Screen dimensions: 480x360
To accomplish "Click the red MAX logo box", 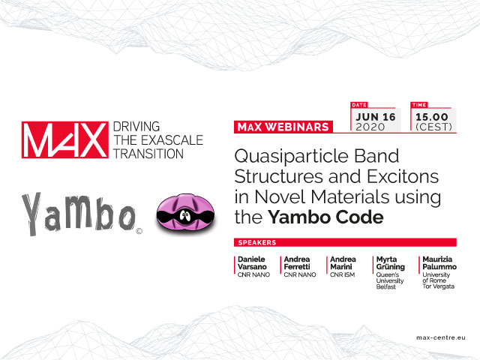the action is pyautogui.click(x=65, y=139).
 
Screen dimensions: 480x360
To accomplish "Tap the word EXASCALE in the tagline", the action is pyautogui.click(x=172, y=140).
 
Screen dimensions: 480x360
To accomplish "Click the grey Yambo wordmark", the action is pyautogui.click(x=78, y=214).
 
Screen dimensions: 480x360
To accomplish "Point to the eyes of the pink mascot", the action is pyautogui.click(x=184, y=215).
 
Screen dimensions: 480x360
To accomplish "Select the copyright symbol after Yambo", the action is pyautogui.click(x=139, y=231).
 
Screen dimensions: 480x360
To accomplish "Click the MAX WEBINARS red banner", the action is pyautogui.click(x=283, y=127).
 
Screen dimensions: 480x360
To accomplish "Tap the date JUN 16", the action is pyautogui.click(x=376, y=117).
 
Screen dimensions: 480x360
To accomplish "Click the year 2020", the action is pyautogui.click(x=370, y=127).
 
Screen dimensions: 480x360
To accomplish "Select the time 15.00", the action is pyautogui.click(x=432, y=117).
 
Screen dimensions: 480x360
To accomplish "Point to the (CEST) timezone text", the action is pyautogui.click(x=433, y=127).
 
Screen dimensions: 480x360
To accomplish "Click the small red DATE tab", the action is pyautogui.click(x=359, y=105).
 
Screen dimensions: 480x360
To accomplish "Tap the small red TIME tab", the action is pyautogui.click(x=418, y=105).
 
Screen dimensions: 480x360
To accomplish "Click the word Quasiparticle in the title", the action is pyautogui.click(x=292, y=157).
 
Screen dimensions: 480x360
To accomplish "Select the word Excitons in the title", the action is pyautogui.click(x=403, y=177).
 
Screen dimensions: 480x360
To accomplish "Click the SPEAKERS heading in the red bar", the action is pyautogui.click(x=257, y=243).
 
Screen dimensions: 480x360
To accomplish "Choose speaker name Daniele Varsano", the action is pyautogui.click(x=252, y=263).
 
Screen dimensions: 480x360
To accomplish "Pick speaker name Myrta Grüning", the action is pyautogui.click(x=391, y=263).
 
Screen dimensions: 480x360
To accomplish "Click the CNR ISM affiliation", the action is pyautogui.click(x=342, y=275).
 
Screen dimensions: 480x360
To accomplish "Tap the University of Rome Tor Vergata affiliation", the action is pyautogui.click(x=438, y=280).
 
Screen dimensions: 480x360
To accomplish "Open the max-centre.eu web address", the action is pyautogui.click(x=441, y=337).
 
